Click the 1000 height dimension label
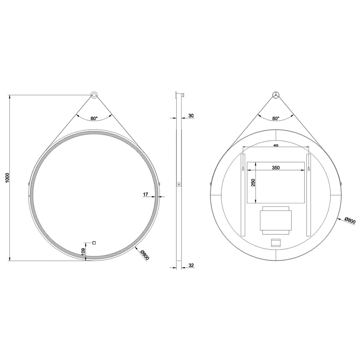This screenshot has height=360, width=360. point(7,178)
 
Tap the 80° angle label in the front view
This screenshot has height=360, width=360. point(94,119)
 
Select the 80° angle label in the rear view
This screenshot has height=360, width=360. point(276,119)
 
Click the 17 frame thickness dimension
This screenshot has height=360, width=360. point(146,195)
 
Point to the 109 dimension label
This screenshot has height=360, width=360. point(83,251)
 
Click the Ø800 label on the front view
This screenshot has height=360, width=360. point(145,255)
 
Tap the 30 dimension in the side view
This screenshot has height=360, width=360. point(191,116)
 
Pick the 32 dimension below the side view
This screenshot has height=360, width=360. point(191,265)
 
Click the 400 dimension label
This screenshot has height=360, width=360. point(276,145)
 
